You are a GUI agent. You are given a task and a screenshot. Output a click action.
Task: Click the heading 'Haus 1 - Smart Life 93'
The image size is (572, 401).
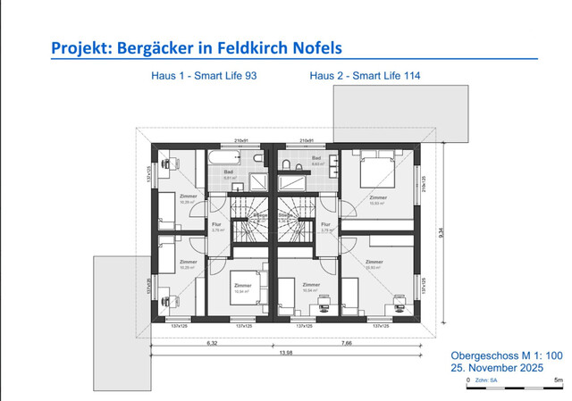[204, 77]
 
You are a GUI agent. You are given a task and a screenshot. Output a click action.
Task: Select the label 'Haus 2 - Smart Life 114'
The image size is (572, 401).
[365, 77]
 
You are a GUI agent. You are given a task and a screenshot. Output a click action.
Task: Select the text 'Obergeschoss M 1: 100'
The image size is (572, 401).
[507, 355]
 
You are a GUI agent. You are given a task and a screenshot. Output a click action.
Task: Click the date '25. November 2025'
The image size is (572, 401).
[497, 368]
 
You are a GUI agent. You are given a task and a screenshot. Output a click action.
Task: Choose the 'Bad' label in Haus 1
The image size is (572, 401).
[229, 171]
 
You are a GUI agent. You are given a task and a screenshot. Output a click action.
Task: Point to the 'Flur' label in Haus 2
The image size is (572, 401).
[325, 225]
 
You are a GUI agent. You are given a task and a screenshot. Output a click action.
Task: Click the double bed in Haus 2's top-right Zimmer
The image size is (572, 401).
[379, 167]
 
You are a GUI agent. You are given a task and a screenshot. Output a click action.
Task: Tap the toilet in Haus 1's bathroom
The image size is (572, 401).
[257, 158]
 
